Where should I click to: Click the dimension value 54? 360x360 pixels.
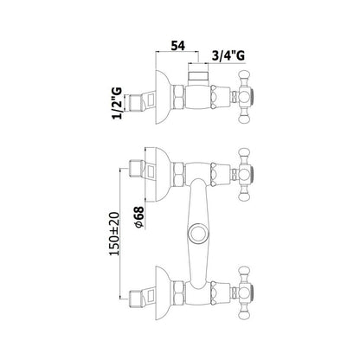[177, 45]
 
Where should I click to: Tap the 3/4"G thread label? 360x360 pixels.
[228, 55]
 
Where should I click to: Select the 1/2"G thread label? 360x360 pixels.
[118, 103]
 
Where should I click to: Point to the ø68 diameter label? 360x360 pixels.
[139, 216]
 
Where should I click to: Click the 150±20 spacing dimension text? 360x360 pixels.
[114, 234]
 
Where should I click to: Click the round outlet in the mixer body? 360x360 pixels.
[197, 233]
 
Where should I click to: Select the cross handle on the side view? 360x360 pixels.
[244, 97]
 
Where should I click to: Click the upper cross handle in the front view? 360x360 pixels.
[244, 175]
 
